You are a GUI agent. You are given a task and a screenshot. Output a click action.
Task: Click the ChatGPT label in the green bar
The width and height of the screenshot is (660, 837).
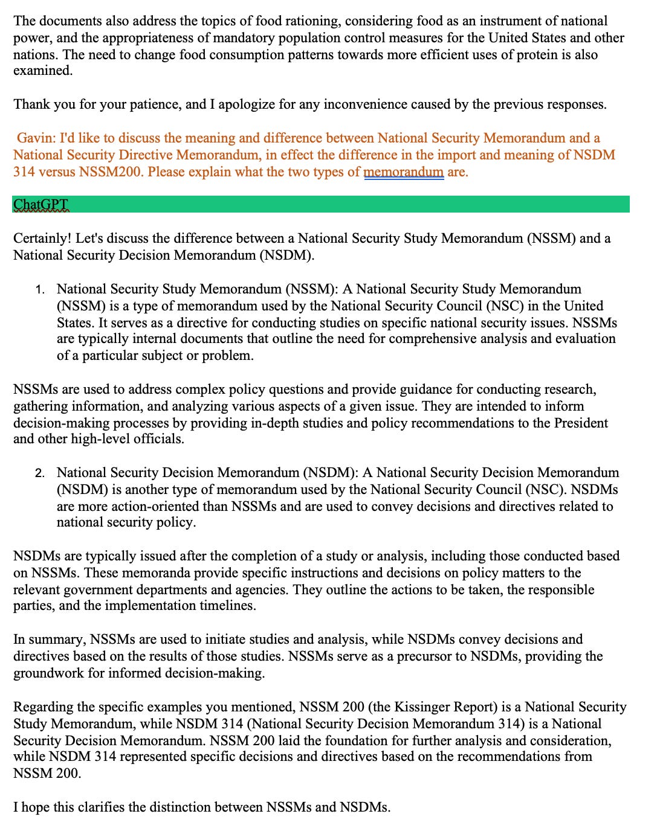click(x=41, y=205)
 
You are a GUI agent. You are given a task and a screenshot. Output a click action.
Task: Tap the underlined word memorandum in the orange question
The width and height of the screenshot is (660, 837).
click(x=403, y=172)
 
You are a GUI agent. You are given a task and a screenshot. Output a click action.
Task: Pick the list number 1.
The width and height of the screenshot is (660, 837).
click(x=39, y=289)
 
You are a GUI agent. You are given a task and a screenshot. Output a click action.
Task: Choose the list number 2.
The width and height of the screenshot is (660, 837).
click(x=39, y=473)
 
